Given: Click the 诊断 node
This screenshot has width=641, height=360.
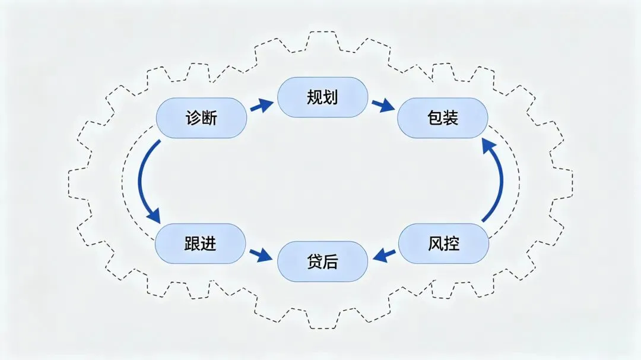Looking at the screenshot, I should coord(201,118).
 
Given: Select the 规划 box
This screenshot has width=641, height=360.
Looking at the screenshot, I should coord(323,97).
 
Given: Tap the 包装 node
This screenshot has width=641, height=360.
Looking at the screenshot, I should coord(442,118).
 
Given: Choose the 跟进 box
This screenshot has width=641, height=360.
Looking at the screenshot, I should coord(200,244).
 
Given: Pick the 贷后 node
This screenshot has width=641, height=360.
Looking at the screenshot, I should coord(323,262).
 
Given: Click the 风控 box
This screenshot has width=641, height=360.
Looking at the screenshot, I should coord(443,243).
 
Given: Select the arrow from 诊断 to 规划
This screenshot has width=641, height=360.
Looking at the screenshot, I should coord(261,106).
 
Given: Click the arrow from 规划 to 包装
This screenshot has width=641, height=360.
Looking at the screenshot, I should coord(384,106).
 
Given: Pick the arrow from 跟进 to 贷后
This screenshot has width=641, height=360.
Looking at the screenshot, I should coord(261,256).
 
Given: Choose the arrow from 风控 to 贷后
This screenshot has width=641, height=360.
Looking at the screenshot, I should coord(385,256).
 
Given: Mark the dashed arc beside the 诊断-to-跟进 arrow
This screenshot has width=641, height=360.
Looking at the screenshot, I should coord(126,181).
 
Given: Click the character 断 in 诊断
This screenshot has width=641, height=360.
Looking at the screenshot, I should coord(210,118).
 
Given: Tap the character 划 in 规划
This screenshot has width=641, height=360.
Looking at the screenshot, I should coord(331,97).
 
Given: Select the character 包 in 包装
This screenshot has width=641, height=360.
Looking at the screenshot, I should coord(434,118).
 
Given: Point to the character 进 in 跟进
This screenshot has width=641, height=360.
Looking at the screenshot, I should coord(208,244).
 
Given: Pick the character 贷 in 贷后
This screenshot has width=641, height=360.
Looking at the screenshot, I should coord(315,262).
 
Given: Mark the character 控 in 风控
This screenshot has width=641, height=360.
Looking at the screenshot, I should coord(452,243).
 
